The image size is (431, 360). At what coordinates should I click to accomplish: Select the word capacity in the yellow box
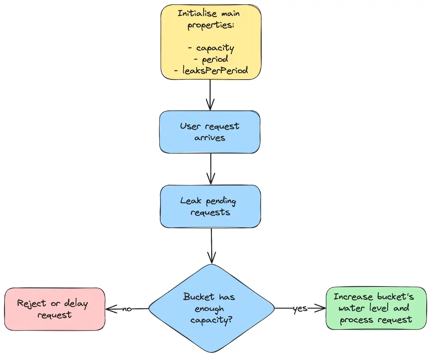215,48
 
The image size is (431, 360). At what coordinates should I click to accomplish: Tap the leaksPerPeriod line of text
210,71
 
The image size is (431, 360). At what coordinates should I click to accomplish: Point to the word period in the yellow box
215,59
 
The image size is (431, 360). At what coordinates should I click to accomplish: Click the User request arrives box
210,132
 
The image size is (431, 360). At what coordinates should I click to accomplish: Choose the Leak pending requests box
210,206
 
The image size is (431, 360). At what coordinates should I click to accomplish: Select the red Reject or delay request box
55,309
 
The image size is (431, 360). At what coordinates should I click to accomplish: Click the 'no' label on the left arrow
127,309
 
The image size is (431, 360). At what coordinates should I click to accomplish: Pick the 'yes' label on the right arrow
300,308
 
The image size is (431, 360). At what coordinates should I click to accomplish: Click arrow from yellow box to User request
210,95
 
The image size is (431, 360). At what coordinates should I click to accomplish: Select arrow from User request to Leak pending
211,169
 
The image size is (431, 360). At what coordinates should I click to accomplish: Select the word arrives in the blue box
210,138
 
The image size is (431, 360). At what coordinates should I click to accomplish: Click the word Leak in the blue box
190,200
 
